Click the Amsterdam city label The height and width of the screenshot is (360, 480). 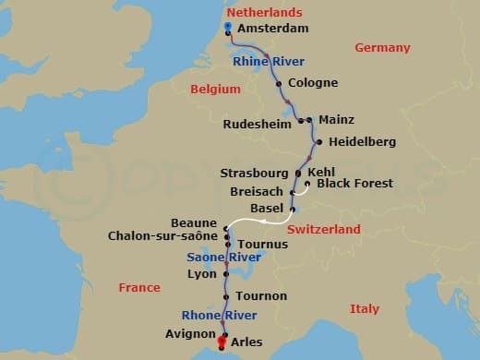[x=272, y=30]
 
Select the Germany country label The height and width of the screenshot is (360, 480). [x=382, y=48]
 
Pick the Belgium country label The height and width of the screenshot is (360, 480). [x=215, y=90]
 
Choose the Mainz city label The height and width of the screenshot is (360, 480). [x=336, y=120]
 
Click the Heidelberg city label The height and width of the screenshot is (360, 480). [x=362, y=142]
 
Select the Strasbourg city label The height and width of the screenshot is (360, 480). [x=255, y=173]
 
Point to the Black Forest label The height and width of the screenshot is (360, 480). [x=354, y=184]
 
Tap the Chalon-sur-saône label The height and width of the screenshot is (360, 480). [x=162, y=236]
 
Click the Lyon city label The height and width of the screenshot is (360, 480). [x=201, y=274]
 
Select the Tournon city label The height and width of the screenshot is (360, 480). [x=260, y=295]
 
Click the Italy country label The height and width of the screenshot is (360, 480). [x=365, y=309]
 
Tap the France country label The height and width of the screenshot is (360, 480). [x=139, y=288]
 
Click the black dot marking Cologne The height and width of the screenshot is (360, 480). [x=279, y=83]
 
